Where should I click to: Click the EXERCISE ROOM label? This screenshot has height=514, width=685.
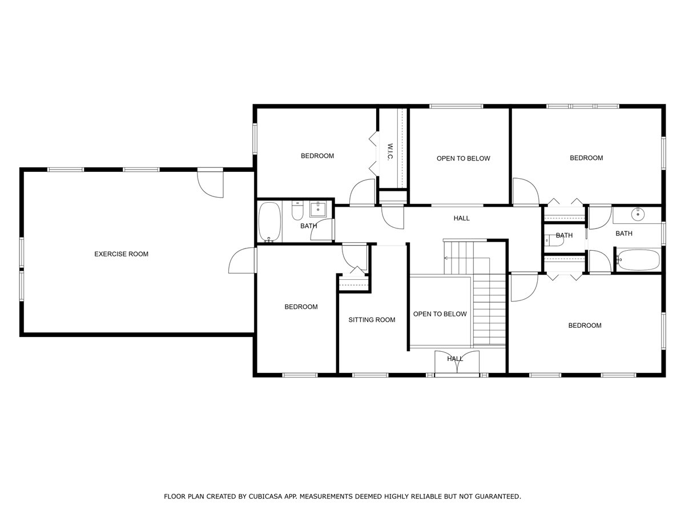point(121,254)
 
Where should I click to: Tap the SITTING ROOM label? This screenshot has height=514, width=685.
point(372,320)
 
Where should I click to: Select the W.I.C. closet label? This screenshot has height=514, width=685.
point(390,152)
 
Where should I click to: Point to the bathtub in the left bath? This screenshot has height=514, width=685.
point(269,222)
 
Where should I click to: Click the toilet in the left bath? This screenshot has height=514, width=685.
point(297,211)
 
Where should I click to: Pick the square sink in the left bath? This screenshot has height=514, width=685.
point(318,209)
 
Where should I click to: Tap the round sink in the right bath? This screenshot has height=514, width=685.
point(638,214)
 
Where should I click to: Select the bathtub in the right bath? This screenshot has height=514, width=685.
point(638,260)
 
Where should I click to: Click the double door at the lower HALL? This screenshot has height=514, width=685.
point(457,362)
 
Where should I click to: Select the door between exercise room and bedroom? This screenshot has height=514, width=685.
point(243,260)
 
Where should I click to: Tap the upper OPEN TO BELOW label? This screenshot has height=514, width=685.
point(463,158)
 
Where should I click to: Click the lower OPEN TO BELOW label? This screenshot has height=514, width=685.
point(440,314)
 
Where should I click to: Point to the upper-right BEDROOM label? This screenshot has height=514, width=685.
point(586,158)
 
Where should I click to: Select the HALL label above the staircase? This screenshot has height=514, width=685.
point(461,218)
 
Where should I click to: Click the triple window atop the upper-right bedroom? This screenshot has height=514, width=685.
point(582,106)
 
